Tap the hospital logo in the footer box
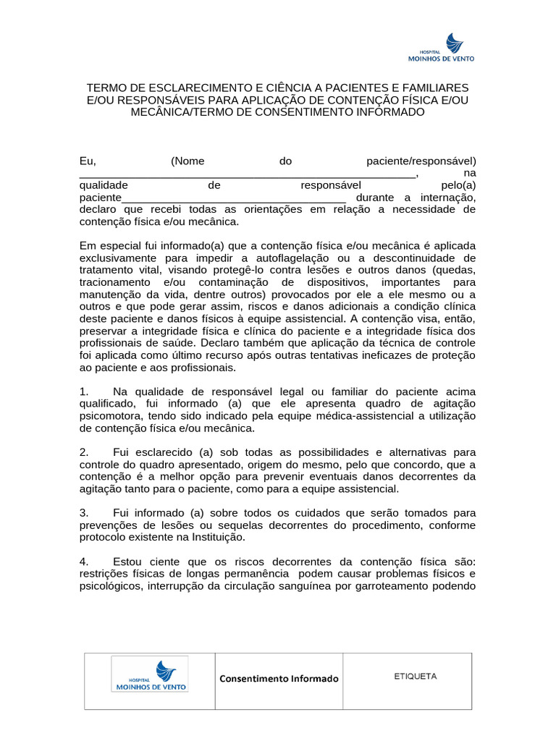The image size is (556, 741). click(x=148, y=674)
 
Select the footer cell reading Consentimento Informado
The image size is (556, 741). click(x=279, y=679)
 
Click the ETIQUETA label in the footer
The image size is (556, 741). click(x=415, y=677)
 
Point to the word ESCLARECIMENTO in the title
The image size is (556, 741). click(x=193, y=87)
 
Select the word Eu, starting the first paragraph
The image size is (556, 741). click(x=88, y=161)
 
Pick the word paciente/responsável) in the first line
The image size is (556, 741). click(x=421, y=161)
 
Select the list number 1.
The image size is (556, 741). click(x=83, y=391)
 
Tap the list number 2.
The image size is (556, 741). click(x=83, y=452)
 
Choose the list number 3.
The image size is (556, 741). click(x=83, y=513)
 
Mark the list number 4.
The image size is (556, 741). click(x=83, y=562)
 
